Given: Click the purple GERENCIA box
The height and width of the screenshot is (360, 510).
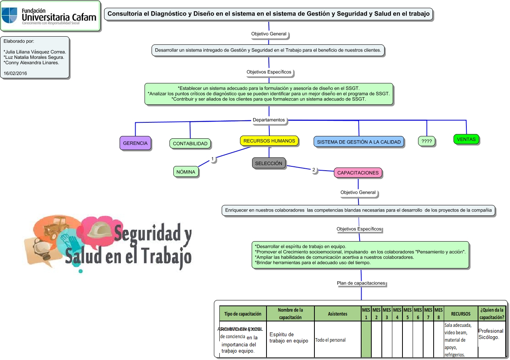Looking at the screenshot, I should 135,143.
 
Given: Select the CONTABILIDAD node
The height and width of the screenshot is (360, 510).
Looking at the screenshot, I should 190,144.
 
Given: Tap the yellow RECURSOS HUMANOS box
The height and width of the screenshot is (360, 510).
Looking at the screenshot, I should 269,141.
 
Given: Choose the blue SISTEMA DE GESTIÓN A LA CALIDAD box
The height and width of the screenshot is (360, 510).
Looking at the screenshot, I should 358,142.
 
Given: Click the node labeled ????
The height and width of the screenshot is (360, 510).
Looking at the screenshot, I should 427,141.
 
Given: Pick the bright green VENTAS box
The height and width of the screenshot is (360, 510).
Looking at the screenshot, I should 466,139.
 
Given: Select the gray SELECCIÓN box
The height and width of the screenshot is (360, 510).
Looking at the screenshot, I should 268,164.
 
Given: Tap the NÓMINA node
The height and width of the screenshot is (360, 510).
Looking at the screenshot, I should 186,172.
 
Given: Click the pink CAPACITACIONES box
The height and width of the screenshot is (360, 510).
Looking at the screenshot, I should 358,173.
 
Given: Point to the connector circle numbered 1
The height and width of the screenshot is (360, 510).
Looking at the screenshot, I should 212,159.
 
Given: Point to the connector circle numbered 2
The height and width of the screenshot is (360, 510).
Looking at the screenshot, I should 314,170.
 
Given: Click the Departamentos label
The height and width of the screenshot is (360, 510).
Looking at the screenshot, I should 269,120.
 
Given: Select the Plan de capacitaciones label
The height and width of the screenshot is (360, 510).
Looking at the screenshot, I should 361,283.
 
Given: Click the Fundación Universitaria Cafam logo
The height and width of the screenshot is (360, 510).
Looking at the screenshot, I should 50,16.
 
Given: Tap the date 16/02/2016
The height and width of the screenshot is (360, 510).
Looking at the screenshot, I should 15,73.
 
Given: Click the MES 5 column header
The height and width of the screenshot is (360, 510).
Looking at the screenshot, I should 407,314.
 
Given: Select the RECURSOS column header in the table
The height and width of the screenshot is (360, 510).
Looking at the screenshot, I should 461,314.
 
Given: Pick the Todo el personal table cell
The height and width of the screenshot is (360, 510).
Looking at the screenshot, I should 330,340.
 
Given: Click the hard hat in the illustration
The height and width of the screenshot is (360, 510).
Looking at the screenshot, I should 99,230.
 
